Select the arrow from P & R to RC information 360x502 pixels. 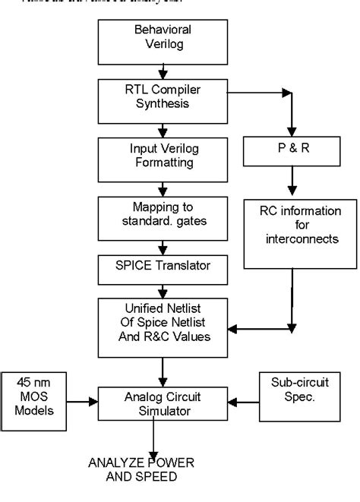(x=289, y=185)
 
